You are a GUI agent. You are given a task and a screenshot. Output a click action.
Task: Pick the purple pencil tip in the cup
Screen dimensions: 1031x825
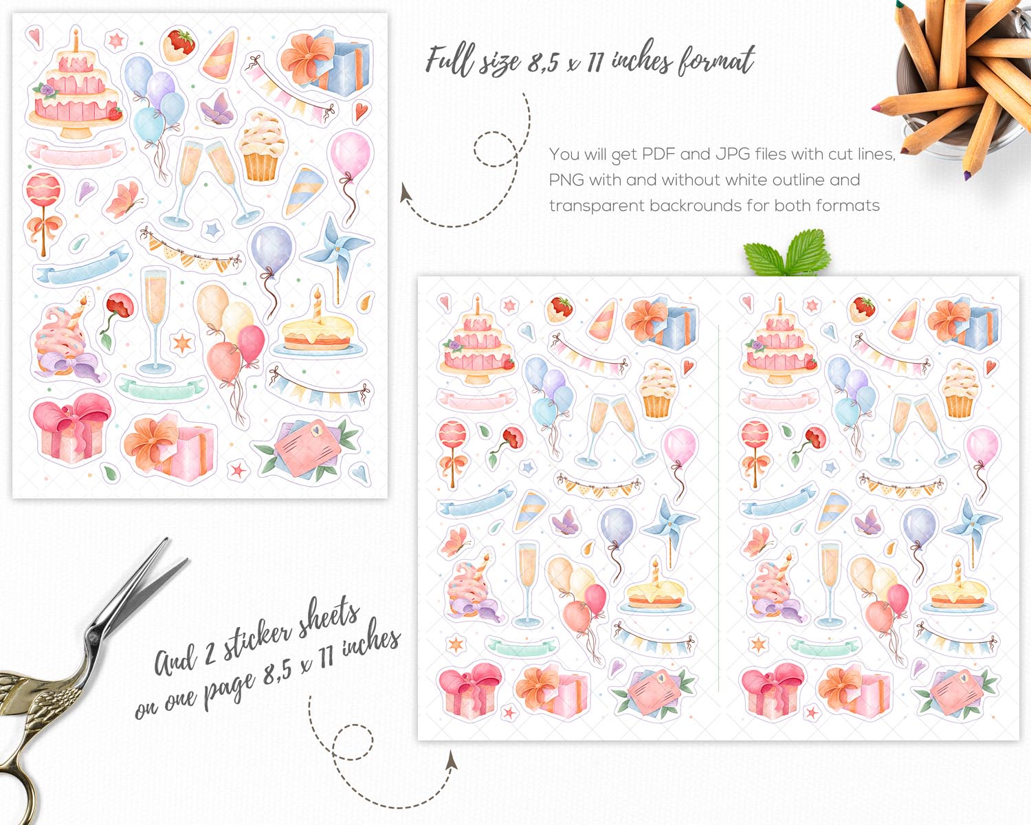[x=967, y=175]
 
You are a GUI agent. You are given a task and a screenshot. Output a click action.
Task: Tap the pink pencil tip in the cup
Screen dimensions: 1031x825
[x=875, y=108]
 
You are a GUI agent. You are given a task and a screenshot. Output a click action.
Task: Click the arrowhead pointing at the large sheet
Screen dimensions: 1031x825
[x=406, y=192]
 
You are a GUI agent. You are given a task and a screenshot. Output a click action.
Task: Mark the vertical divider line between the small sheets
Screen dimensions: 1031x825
[x=719, y=507]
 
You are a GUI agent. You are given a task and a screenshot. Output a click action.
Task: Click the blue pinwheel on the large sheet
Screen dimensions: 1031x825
[x=337, y=252]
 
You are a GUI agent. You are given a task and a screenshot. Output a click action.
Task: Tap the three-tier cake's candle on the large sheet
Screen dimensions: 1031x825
[x=76, y=40]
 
